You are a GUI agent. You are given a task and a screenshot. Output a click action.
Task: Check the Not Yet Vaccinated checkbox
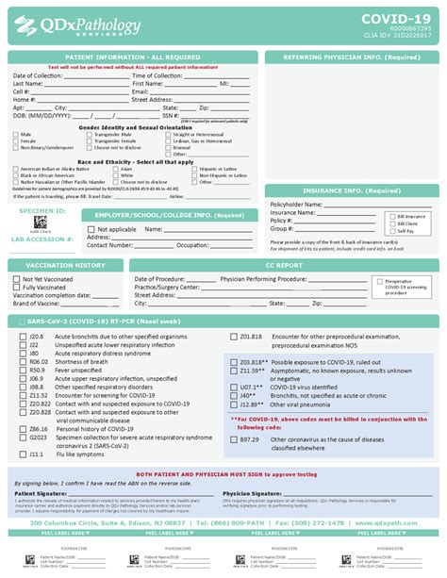click(x=16, y=279)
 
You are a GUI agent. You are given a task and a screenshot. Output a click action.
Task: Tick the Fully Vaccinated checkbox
click(x=16, y=287)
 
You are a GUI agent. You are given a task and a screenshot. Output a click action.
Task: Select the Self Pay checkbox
click(x=377, y=230)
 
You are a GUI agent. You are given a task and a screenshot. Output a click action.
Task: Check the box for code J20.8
click(x=21, y=336)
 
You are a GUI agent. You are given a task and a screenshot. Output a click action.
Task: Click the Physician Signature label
click(x=251, y=492)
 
